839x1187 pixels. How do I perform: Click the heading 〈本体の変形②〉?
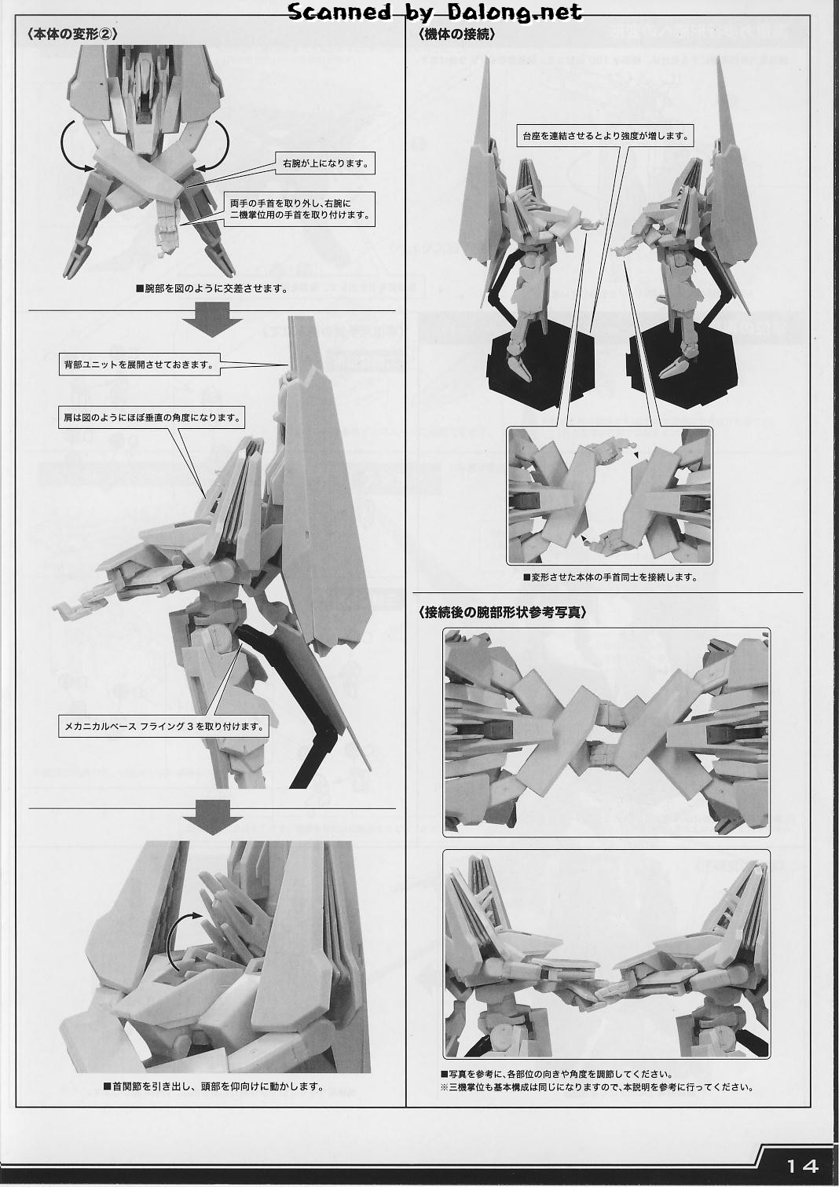(71, 34)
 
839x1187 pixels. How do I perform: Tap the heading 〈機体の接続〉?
(457, 35)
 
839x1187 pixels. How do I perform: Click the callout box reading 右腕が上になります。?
(325, 163)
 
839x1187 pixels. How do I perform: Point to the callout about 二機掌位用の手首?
(299, 209)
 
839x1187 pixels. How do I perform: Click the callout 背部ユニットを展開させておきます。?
(139, 365)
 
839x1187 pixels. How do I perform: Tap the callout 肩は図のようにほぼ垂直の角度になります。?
(151, 418)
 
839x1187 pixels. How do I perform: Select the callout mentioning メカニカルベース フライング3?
(163, 727)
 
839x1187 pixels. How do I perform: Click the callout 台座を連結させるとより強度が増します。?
(604, 136)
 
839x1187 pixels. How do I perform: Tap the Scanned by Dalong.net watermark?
(434, 12)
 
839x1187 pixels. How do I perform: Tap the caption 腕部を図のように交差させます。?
(212, 288)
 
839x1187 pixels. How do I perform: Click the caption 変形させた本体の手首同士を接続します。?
(610, 577)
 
